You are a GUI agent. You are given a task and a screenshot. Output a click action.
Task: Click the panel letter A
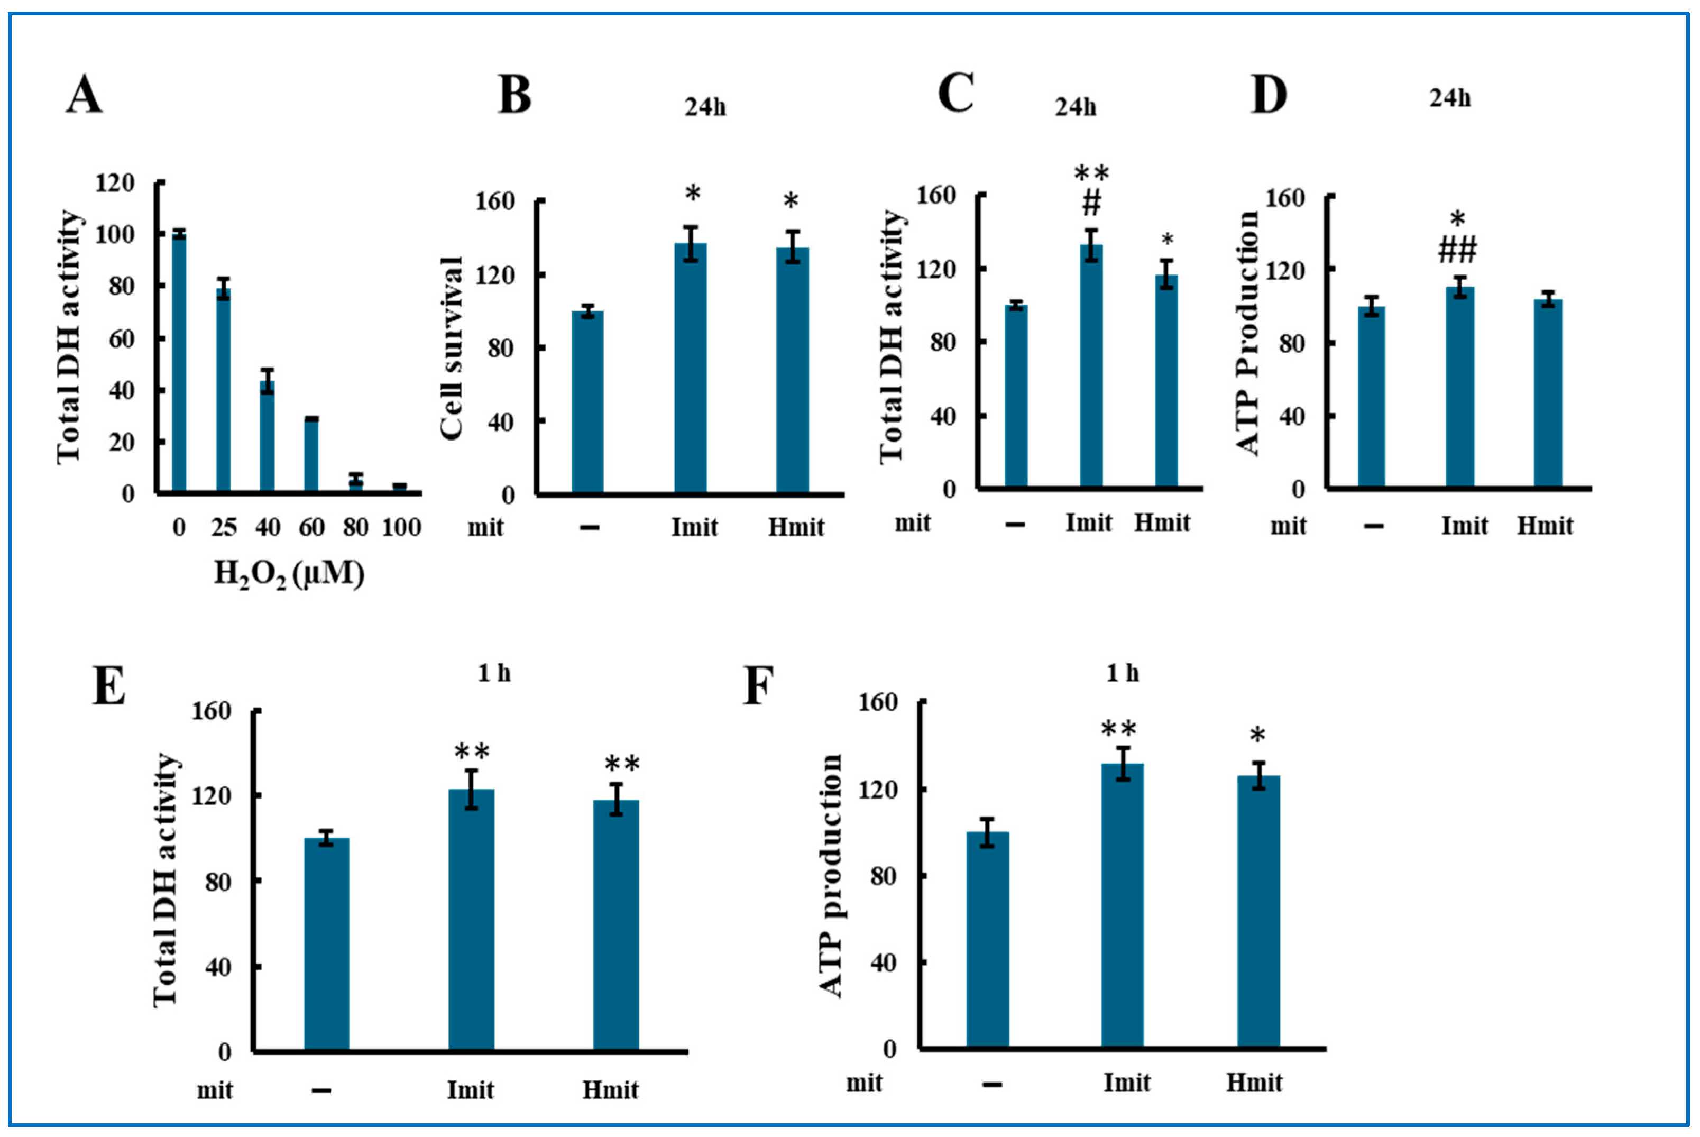[x=84, y=95]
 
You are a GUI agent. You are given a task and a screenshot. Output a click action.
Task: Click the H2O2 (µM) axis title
[x=289, y=574]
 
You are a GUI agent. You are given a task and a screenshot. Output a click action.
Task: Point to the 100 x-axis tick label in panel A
[x=401, y=527]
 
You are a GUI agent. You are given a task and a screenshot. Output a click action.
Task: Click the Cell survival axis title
[x=452, y=348]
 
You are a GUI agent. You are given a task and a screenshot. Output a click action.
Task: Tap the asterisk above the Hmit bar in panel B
[x=791, y=201]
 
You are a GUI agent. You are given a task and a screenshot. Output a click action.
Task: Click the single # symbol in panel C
[x=1091, y=204]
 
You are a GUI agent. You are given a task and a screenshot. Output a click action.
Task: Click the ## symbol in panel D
[x=1457, y=251]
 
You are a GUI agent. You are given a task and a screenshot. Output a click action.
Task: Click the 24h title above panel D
[x=1450, y=98]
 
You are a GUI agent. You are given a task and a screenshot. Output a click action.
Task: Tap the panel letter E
[x=109, y=686]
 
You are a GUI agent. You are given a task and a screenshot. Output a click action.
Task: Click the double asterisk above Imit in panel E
[x=472, y=752]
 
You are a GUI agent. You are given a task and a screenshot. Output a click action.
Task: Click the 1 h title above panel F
[x=1122, y=674]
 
